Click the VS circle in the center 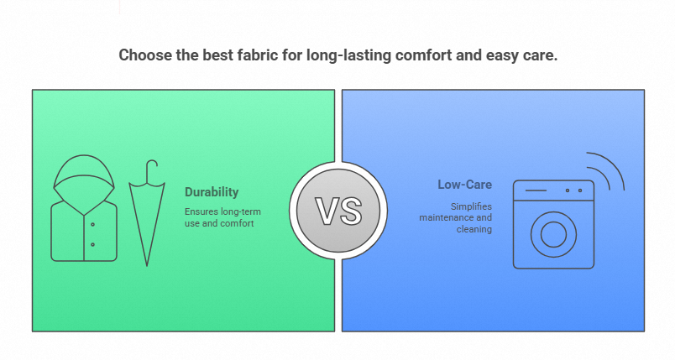coord(338,211)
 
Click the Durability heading coord(212,192)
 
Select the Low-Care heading coord(464,185)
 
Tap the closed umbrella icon coord(147,213)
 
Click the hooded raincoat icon coord(84,208)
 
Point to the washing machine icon coord(553,224)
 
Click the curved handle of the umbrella coord(151,170)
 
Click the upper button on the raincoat coord(92,225)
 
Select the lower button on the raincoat coord(92,245)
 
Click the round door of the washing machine coord(553,235)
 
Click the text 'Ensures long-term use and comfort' coord(222,217)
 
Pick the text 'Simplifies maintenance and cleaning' coord(455,217)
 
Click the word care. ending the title coord(541,56)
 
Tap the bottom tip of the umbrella coord(147,266)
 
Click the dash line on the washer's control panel coord(536,190)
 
